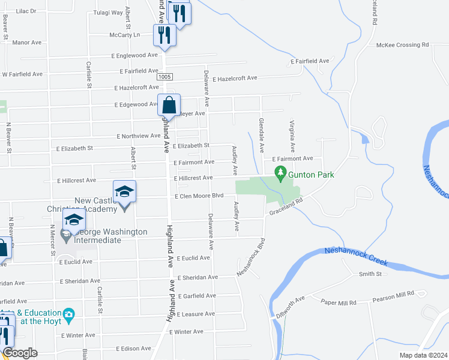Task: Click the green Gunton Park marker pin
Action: pos(280,174)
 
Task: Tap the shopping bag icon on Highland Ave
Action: pos(169,106)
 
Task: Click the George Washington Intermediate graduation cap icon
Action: pos(74,220)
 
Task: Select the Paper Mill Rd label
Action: pos(339,302)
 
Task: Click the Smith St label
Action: pos(370,274)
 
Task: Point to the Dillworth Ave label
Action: pos(291,305)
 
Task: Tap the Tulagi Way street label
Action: pos(109,12)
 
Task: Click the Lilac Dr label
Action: pos(26,11)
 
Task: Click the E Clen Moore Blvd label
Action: pos(199,196)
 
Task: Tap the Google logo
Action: pos(20,353)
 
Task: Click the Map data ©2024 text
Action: pos(423,355)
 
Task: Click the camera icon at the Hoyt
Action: pos(69,314)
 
